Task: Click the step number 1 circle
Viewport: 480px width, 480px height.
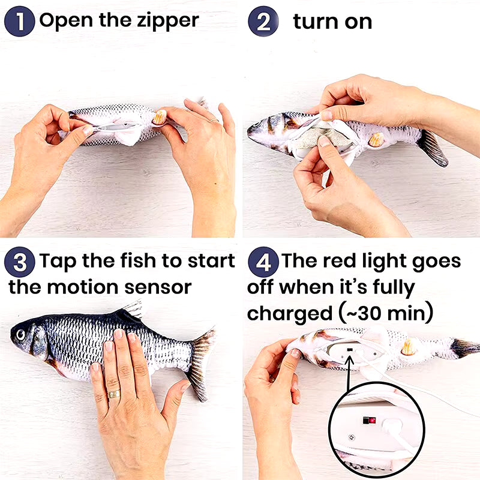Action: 20,21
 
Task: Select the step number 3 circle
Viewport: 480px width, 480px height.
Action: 20,263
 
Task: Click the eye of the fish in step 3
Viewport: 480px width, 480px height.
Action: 22,333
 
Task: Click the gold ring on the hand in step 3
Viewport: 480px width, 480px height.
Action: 114,394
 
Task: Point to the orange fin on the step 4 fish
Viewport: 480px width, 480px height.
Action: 410,347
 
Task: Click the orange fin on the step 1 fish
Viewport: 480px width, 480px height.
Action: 159,117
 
